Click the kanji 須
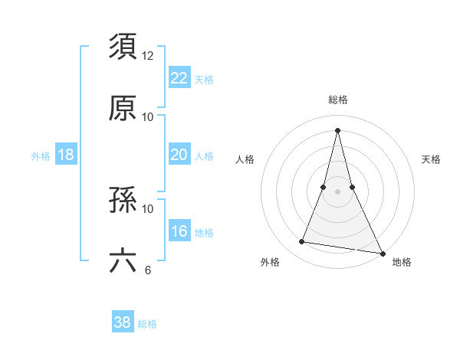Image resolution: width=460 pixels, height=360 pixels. coord(123,47)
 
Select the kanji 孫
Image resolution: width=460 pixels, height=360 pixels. coord(123,199)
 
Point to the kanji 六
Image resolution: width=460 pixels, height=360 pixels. coord(123,260)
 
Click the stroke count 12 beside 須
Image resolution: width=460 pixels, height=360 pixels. coord(148,56)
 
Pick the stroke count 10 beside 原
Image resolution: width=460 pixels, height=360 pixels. coord(148,116)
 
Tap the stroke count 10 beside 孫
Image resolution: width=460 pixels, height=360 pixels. coord(148,208)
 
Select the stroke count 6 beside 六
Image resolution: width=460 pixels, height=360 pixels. coord(148,270)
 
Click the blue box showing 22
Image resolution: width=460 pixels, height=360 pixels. coord(179,78)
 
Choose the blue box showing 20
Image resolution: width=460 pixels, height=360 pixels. coord(179,155)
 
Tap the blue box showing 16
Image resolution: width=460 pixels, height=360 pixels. coord(179,231)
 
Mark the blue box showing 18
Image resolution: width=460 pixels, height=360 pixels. coord(66,155)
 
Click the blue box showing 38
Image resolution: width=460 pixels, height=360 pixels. coord(123,322)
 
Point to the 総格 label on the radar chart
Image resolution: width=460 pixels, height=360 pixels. coord(338,100)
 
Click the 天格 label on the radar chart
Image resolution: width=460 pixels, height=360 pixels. coord(431,159)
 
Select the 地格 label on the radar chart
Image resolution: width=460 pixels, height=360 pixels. coord(402,262)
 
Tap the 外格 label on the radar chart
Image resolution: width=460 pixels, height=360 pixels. coord(270,262)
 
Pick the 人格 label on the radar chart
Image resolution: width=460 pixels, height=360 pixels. coord(245,159)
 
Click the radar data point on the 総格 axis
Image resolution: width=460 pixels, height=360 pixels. coord(338,129)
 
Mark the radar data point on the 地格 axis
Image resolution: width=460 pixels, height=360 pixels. coord(382,253)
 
